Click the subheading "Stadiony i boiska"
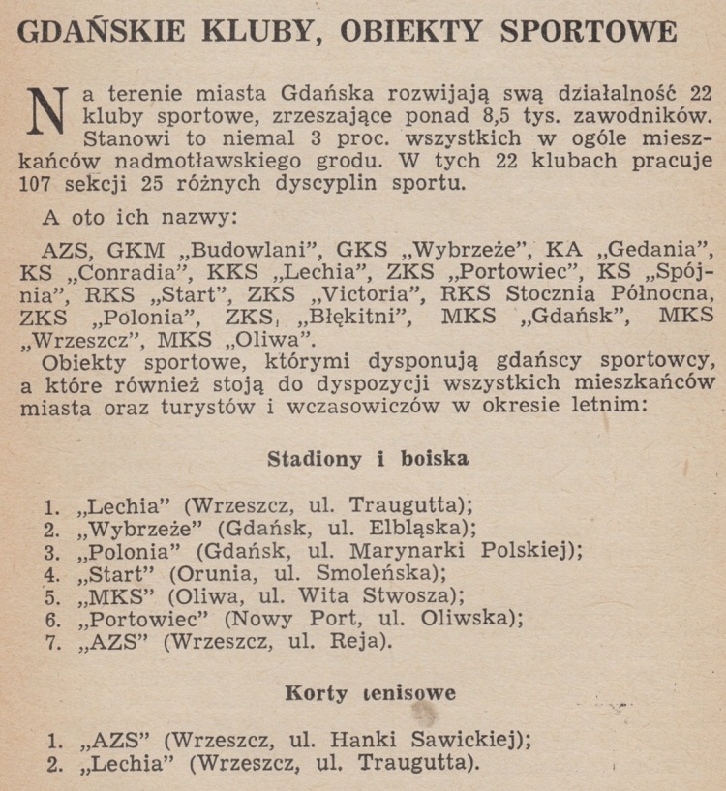pos(367,459)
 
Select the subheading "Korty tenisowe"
pos(370,693)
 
